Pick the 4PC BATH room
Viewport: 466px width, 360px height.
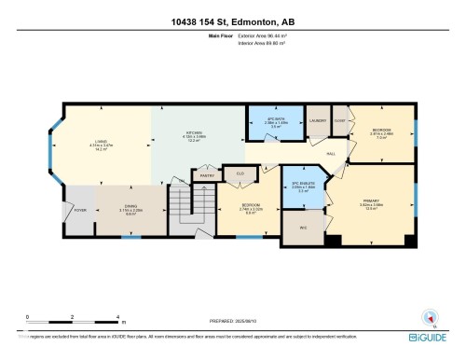tap(274, 122)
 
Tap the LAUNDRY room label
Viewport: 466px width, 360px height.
tap(316, 119)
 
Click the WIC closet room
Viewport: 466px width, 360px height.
tap(304, 228)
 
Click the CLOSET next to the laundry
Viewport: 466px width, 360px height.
tap(339, 119)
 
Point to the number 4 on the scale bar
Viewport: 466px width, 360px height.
tap(116, 317)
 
